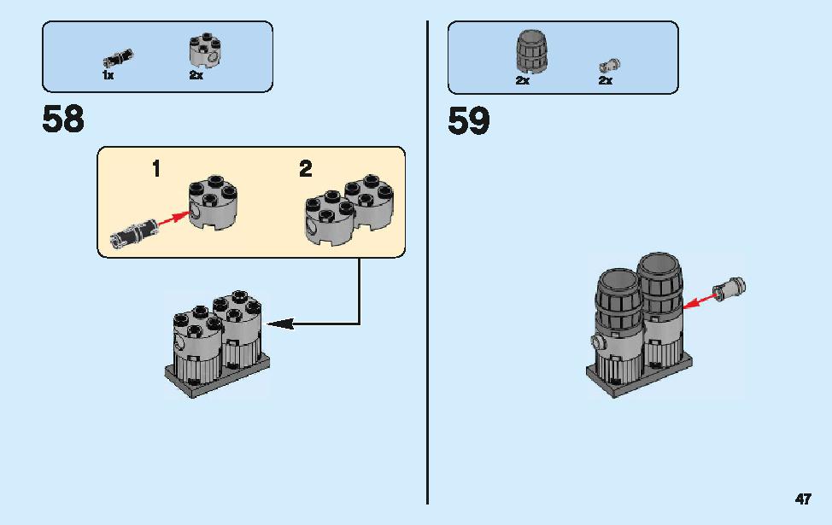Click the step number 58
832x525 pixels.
click(63, 120)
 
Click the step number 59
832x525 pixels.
click(468, 121)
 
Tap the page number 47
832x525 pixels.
click(803, 499)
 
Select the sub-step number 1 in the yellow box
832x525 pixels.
click(156, 169)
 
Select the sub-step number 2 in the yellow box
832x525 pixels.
click(306, 169)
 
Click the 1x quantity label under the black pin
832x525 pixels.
click(108, 75)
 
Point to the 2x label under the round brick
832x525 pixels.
click(196, 75)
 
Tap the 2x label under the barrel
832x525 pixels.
click(523, 80)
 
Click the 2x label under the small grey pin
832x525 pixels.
click(606, 80)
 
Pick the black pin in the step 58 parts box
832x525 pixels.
click(119, 58)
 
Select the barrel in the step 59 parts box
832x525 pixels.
click(531, 51)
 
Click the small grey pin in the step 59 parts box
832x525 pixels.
click(610, 66)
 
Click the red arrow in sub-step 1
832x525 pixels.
click(173, 218)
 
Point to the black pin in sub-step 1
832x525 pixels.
click(134, 233)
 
